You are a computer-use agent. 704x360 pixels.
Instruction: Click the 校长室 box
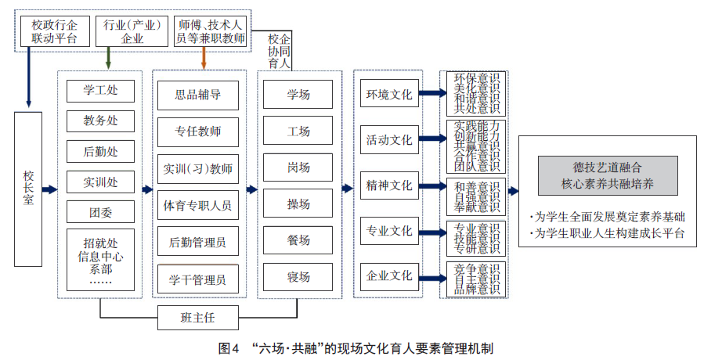pyautogui.click(x=28, y=189)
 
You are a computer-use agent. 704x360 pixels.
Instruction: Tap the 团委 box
pyautogui.click(x=100, y=211)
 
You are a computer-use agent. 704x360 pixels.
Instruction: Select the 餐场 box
pyautogui.click(x=298, y=241)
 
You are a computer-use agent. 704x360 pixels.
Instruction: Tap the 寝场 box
pyautogui.click(x=298, y=277)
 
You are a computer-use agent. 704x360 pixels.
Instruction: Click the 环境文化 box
pyautogui.click(x=388, y=95)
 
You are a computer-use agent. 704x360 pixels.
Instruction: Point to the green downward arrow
pyautogui.click(x=107, y=59)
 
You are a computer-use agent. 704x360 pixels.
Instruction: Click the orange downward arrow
pyautogui.click(x=204, y=59)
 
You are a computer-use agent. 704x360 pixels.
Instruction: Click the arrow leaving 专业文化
pyautogui.click(x=430, y=232)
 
